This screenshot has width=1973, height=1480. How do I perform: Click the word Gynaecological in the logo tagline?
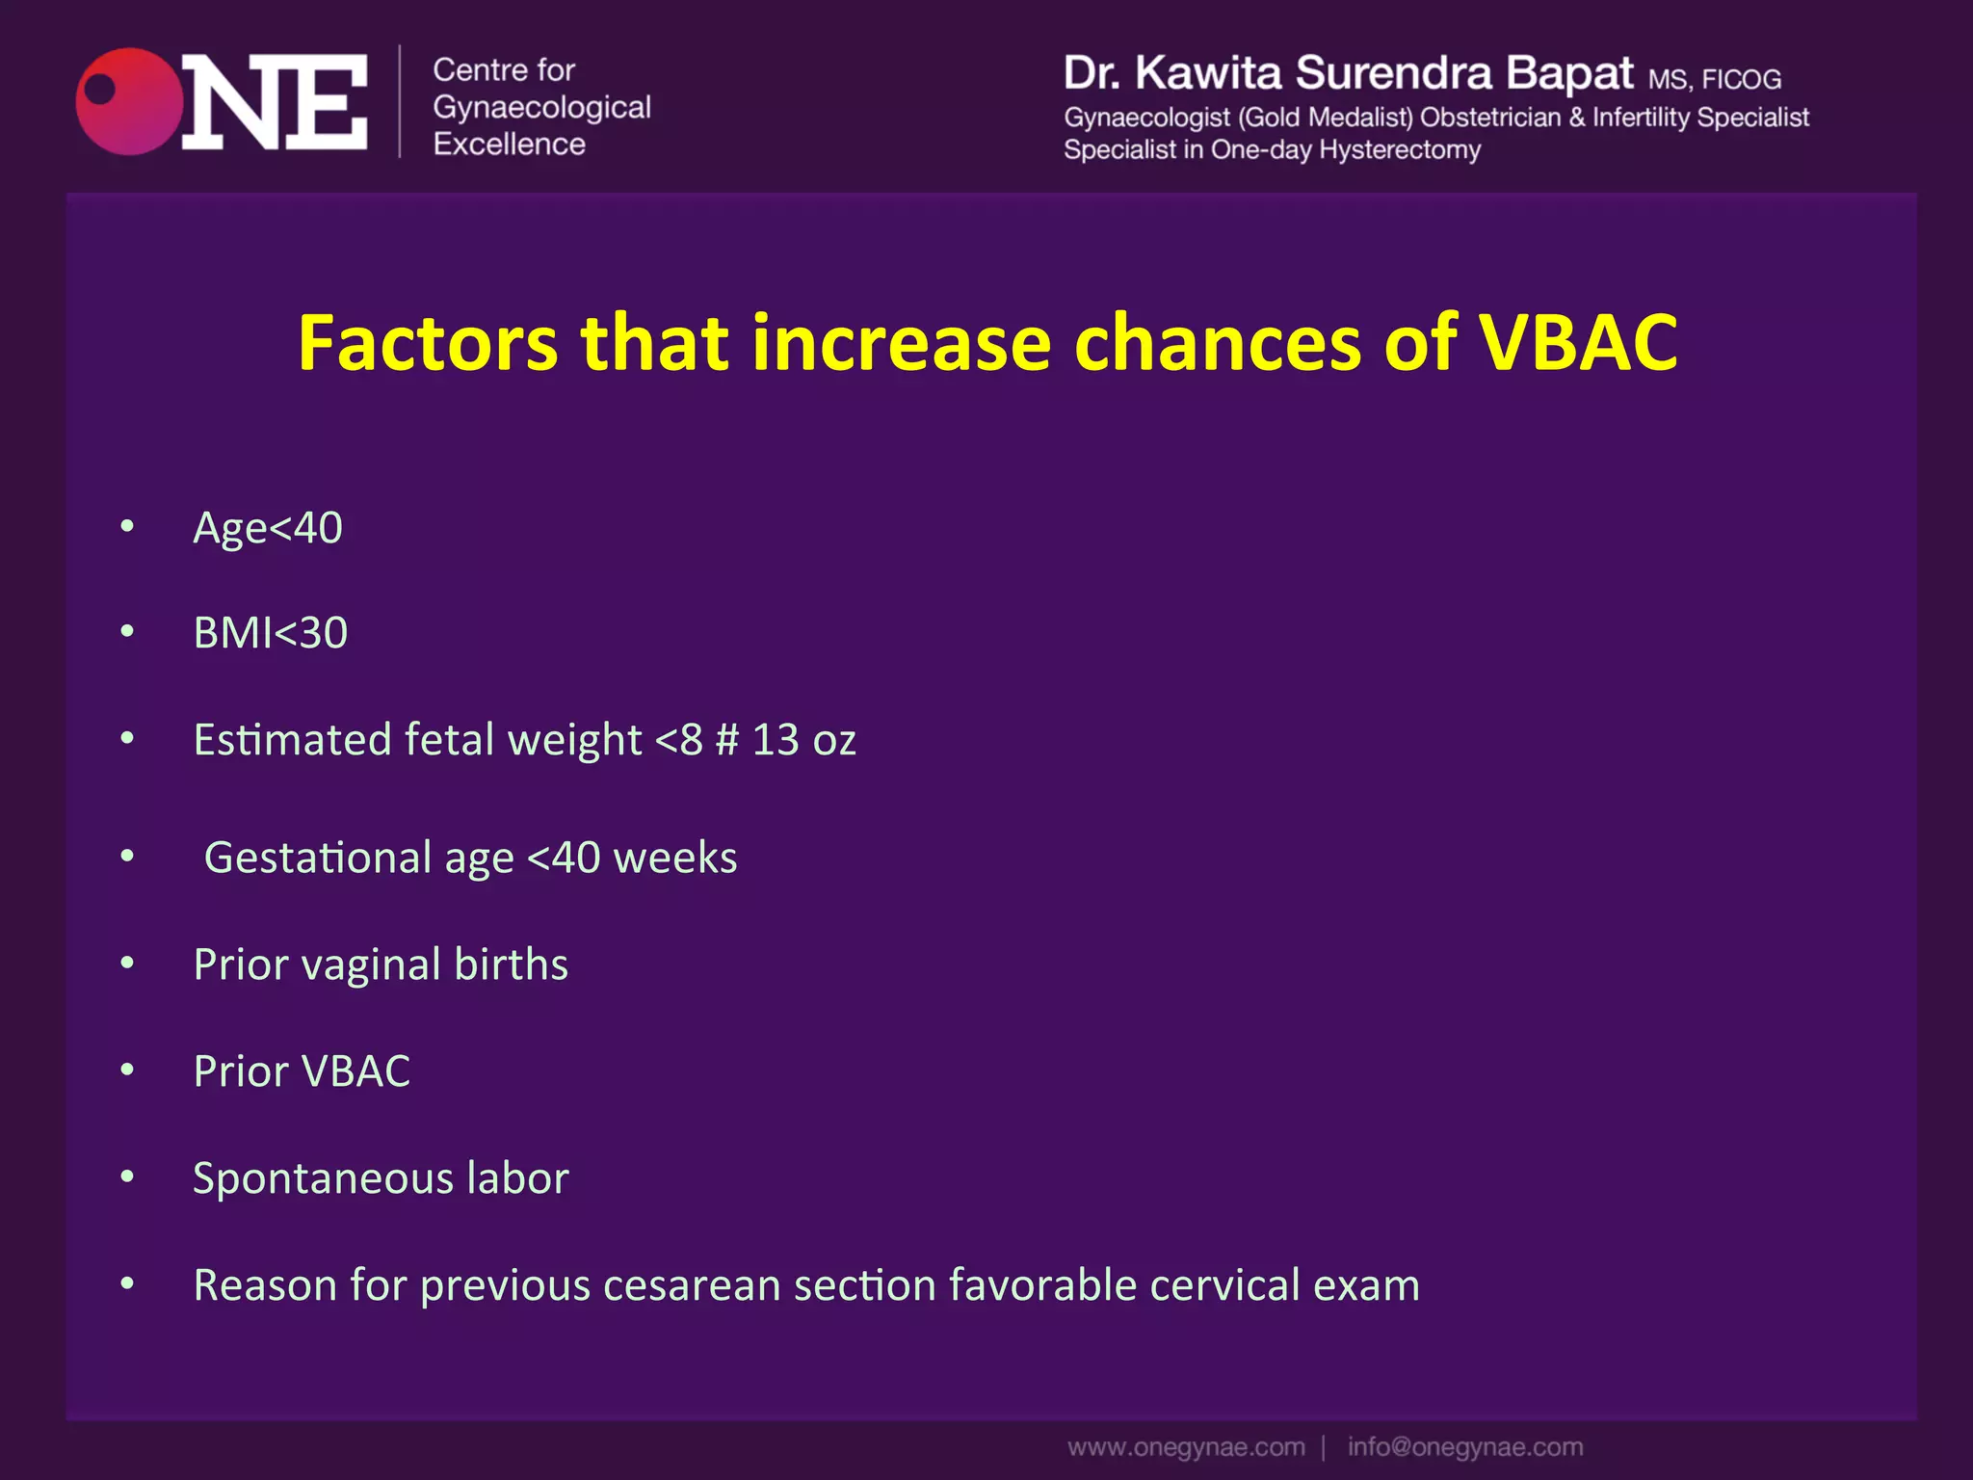541,108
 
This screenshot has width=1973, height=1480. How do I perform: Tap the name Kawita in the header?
1208,73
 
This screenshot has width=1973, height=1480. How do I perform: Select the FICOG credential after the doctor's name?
1741,79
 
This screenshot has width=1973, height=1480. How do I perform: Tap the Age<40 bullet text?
268,528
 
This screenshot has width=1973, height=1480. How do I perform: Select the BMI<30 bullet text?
271,633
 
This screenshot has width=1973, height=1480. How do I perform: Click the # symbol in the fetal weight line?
727,740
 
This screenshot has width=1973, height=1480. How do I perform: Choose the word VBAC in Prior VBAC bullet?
355,1071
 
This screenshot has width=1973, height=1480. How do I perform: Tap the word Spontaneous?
323,1179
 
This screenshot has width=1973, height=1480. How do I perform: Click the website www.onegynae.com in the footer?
1186,1447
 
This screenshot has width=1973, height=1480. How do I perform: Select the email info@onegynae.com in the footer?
1464,1447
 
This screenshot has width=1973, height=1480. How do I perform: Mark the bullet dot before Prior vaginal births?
127,964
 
